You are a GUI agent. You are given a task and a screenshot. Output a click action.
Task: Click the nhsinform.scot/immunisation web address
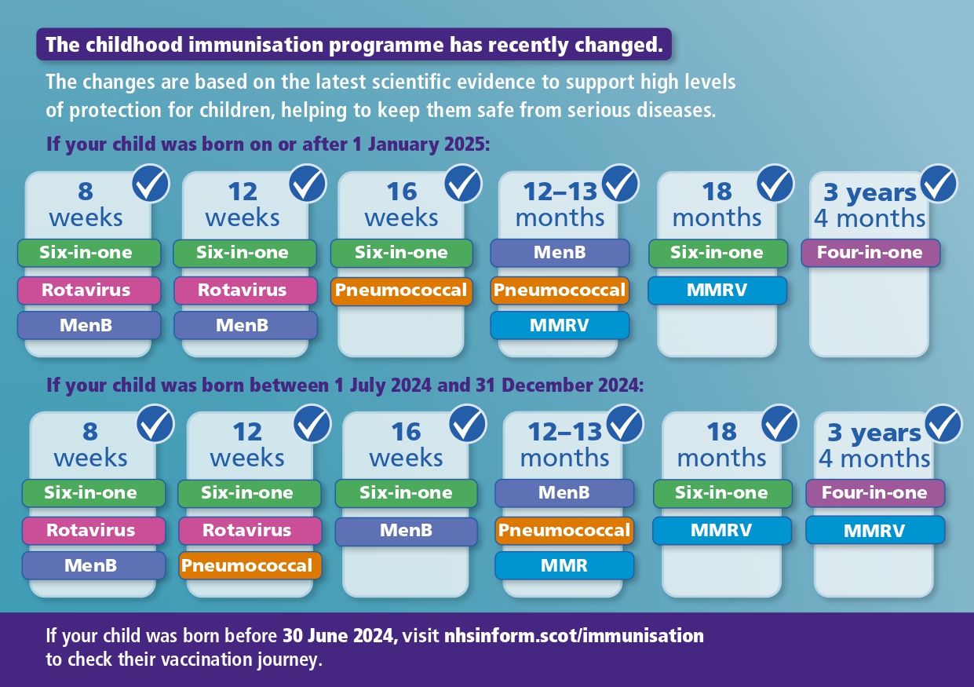pos(575,635)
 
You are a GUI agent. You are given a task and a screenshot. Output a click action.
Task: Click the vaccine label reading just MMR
pos(564,565)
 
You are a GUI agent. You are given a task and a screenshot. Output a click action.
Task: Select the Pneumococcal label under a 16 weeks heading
pos(401,291)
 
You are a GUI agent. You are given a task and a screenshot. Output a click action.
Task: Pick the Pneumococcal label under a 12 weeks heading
pos(249,565)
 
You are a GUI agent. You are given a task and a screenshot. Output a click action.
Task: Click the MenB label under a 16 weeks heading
pos(406,531)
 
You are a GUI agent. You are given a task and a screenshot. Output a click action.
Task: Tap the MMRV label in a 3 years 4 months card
pos(874,531)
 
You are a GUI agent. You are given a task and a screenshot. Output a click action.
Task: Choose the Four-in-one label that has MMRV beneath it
pos(874,493)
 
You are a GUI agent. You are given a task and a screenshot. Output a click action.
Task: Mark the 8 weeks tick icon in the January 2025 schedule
pos(151,184)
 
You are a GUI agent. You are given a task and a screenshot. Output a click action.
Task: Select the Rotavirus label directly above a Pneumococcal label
pos(249,531)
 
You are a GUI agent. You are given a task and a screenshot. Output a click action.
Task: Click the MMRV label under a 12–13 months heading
pos(560,325)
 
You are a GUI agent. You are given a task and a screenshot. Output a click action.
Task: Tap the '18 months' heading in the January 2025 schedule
pos(717,204)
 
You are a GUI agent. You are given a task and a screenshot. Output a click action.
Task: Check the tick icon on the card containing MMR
pos(624,424)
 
